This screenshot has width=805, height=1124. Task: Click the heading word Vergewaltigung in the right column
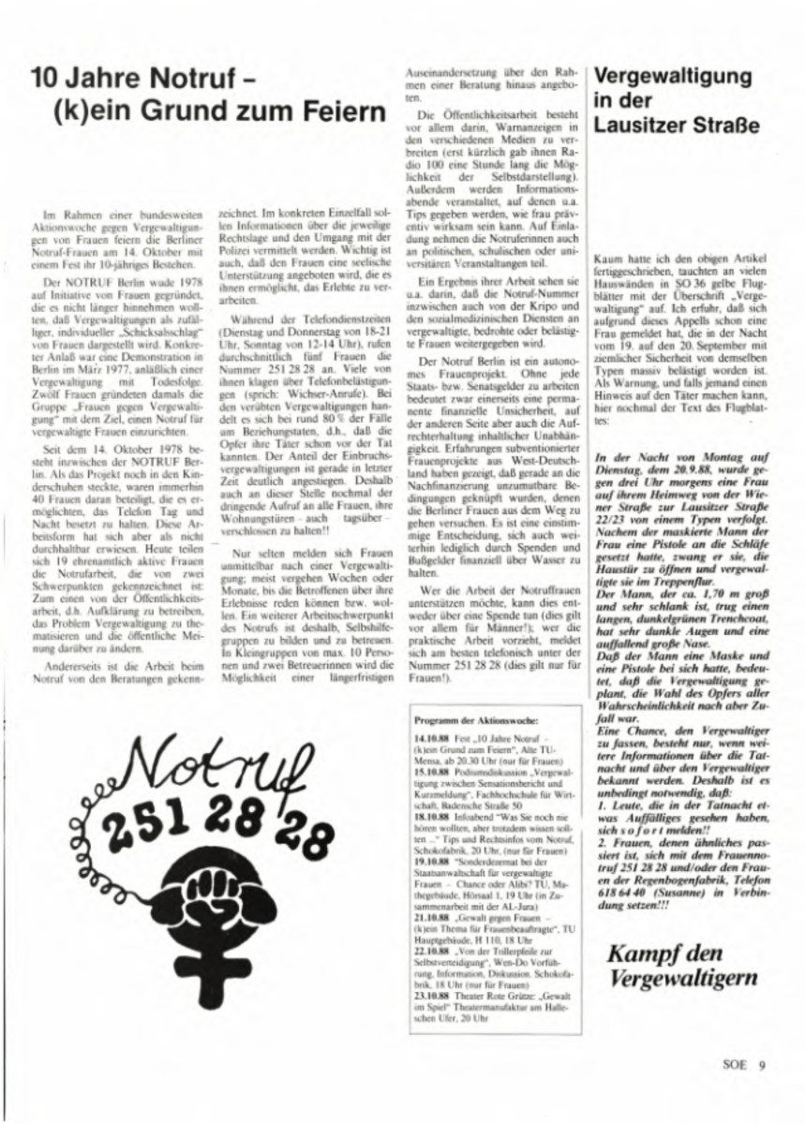[x=673, y=76]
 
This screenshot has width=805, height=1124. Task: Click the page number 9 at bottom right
[x=763, y=1062]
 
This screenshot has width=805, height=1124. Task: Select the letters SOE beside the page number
[x=736, y=1062]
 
